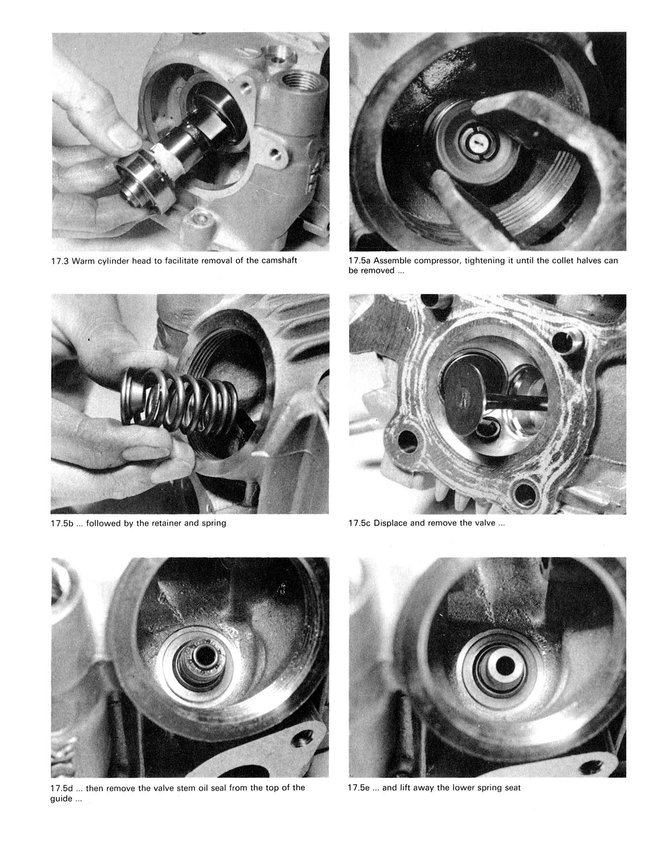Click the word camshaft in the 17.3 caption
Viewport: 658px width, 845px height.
(279, 260)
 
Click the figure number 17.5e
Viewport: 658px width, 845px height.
(363, 787)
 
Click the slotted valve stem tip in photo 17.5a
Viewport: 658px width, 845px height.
(476, 142)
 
